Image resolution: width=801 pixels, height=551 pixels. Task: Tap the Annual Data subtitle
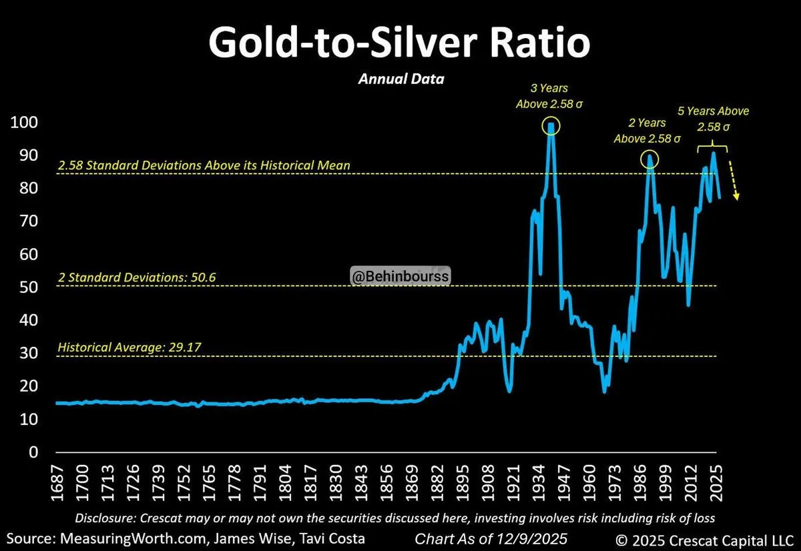[400, 79]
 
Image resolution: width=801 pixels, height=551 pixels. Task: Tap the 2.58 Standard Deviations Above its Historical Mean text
[204, 165]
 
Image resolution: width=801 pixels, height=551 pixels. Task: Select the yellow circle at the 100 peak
[551, 125]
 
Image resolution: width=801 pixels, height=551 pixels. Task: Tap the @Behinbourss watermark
[400, 275]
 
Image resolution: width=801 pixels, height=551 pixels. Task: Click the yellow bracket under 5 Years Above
[712, 145]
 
